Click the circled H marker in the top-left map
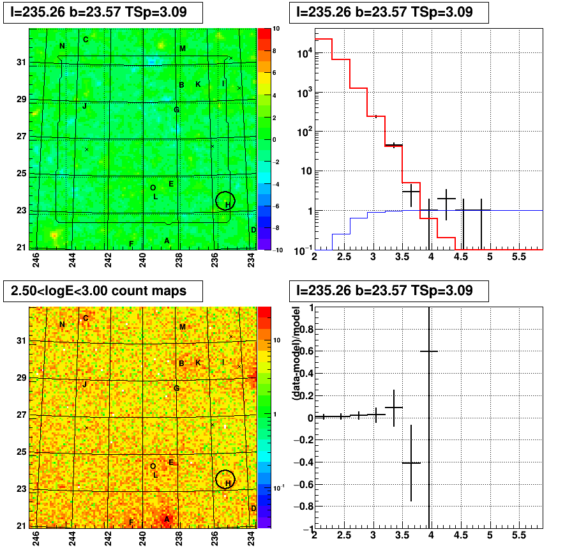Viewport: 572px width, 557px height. pos(225,201)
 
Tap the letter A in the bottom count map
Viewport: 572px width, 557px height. pos(167,519)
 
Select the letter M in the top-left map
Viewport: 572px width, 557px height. pos(183,48)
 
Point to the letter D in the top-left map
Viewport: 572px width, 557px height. pos(253,230)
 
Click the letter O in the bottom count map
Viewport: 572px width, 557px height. pos(153,466)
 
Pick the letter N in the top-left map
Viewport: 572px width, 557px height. pos(62,46)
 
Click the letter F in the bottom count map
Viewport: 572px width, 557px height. pos(132,523)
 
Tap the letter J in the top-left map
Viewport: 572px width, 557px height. pos(85,106)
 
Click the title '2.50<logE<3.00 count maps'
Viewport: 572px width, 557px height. pos(98,291)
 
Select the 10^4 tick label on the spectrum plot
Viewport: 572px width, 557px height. pos(305,54)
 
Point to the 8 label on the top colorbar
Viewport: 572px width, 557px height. pos(275,51)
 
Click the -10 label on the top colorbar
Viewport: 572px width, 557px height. pos(278,250)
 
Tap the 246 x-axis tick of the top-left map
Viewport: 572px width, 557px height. pos(36,260)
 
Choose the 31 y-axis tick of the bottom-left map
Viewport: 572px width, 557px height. pos(22,340)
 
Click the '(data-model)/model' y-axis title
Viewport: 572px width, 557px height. pos(296,353)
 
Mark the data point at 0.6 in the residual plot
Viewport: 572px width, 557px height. pos(429,351)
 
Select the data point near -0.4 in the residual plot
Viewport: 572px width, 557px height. pos(411,463)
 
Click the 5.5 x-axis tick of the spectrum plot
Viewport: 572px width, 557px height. pos(519,257)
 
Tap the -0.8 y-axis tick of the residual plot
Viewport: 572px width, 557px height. pos(303,507)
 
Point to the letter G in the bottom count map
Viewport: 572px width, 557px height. pos(177,388)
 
